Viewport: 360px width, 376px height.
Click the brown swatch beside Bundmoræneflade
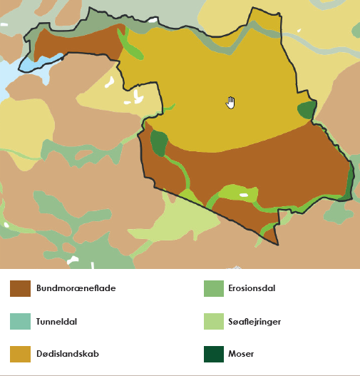pyautogui.click(x=20, y=288)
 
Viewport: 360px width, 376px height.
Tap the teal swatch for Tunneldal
pyautogui.click(x=20, y=321)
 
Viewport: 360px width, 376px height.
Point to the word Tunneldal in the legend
pyautogui.click(x=57, y=321)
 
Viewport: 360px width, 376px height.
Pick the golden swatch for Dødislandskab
pyautogui.click(x=20, y=353)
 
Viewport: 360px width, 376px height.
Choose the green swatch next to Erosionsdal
pyautogui.click(x=215, y=288)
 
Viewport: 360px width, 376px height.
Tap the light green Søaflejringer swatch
pyautogui.click(x=215, y=321)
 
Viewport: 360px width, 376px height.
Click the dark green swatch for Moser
pyautogui.click(x=215, y=353)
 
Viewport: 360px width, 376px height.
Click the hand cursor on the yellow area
pyautogui.click(x=230, y=102)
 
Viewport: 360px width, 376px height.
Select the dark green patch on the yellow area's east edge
pyautogui.click(x=307, y=109)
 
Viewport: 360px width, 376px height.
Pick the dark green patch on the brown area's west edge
pyautogui.click(x=158, y=142)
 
